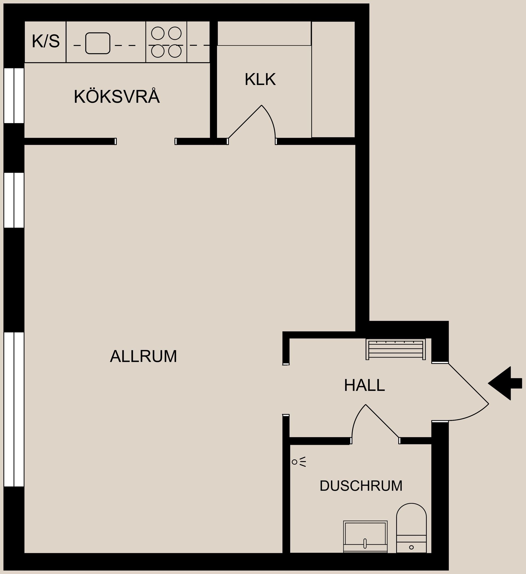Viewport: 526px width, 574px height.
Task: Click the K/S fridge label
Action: point(45,41)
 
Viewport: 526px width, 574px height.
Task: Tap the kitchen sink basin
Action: point(98,43)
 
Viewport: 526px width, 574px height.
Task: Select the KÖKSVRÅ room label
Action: point(117,97)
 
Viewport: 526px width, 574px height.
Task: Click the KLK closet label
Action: point(260,79)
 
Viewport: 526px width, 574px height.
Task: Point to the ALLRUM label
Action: point(143,356)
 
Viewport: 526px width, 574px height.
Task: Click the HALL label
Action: point(364,385)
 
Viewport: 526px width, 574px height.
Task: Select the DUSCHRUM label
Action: point(361,486)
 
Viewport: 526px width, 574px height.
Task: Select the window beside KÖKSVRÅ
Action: point(14,95)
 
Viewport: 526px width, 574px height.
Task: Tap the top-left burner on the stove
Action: point(158,33)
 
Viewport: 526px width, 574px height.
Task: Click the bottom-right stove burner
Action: point(175,51)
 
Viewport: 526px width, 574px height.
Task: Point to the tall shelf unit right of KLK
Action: point(333,79)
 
